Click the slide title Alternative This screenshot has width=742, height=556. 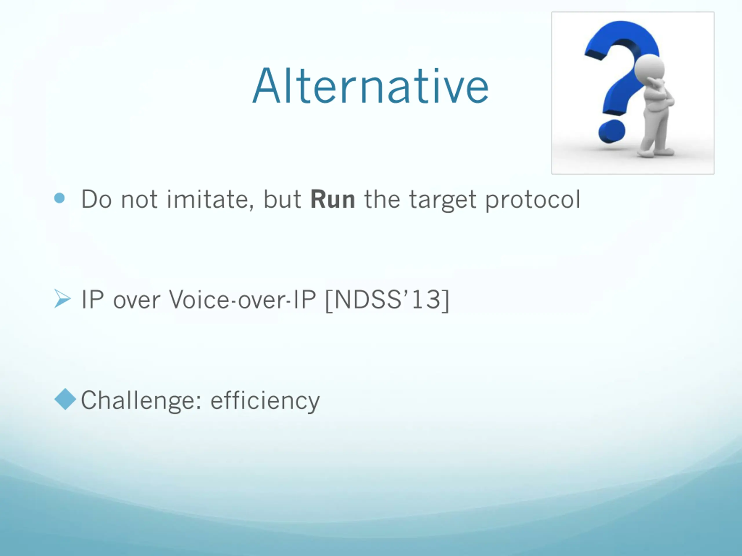(x=370, y=86)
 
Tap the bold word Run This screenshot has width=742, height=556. (x=332, y=200)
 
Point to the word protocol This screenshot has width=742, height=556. (x=532, y=201)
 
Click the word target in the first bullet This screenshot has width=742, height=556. (x=443, y=201)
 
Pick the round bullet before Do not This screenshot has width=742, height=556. (x=59, y=198)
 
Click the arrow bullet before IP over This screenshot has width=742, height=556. (x=62, y=299)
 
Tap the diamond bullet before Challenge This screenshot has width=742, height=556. (x=65, y=399)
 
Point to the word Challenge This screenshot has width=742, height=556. (x=141, y=401)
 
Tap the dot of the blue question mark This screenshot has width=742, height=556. (x=612, y=132)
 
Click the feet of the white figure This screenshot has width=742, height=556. (x=656, y=153)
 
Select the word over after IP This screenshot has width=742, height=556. (x=137, y=300)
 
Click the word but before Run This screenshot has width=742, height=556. (x=282, y=200)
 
